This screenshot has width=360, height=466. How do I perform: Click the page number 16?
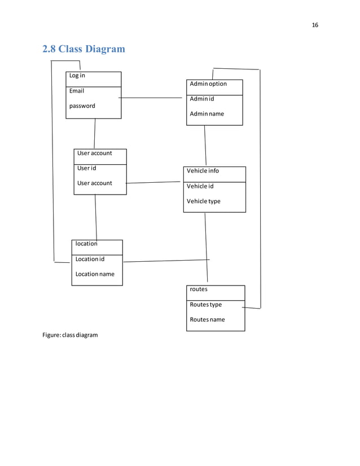click(x=315, y=25)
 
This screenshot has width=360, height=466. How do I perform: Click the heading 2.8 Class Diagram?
click(x=84, y=49)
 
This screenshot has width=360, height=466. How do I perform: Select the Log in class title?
click(x=77, y=76)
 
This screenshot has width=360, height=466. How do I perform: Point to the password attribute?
click(x=82, y=106)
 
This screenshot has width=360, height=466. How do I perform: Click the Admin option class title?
click(x=208, y=84)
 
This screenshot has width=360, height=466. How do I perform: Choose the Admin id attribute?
click(x=202, y=99)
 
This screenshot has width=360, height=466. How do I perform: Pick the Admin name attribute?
click(x=207, y=114)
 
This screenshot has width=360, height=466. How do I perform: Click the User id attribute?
click(x=87, y=168)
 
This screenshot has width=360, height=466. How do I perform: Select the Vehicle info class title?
click(x=203, y=171)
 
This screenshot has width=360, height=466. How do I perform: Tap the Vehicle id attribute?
click(x=200, y=186)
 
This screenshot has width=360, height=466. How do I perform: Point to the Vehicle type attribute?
click(x=204, y=201)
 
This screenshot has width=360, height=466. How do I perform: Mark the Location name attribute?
click(x=95, y=274)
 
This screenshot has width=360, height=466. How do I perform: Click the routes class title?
click(x=199, y=289)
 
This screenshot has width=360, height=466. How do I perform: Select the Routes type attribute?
click(x=206, y=305)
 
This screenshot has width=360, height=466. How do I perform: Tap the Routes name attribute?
click(x=207, y=320)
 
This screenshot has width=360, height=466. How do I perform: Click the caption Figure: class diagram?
click(x=70, y=335)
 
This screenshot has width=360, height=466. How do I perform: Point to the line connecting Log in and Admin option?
click(x=152, y=98)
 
